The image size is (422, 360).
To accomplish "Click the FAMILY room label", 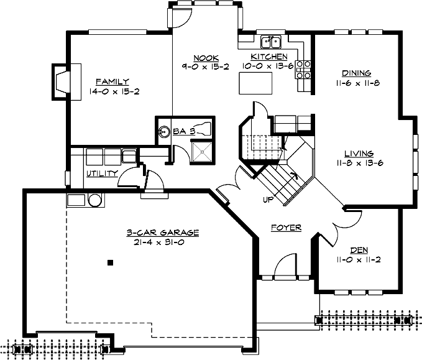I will [x=112, y=81].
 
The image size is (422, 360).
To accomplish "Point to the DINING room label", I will [x=356, y=73].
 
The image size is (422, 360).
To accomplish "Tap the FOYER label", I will [x=286, y=228].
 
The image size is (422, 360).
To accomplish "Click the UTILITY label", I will [x=101, y=173].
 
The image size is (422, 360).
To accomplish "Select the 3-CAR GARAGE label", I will [x=162, y=233].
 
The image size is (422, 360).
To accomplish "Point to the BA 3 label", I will [x=184, y=131].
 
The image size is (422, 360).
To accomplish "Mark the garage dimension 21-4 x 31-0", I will [x=162, y=242].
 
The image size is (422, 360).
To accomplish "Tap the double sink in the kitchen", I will [x=271, y=42].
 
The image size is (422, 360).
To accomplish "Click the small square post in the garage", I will [x=110, y=262].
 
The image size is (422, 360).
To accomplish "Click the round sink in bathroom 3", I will [x=165, y=131].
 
